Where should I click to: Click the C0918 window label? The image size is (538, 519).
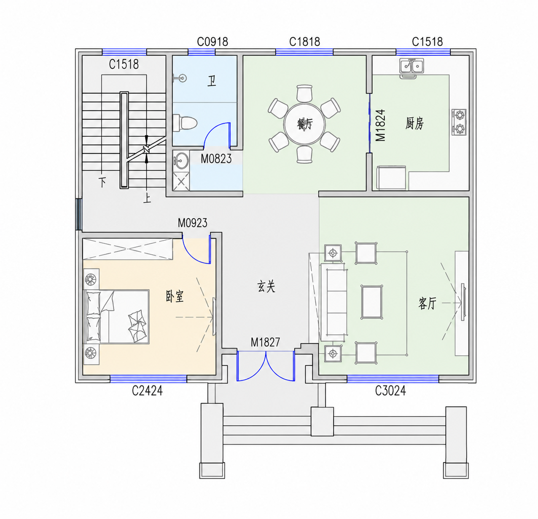[x=213, y=42]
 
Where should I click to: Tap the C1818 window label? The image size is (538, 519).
[x=305, y=42]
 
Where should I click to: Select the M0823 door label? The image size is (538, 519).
[x=216, y=159]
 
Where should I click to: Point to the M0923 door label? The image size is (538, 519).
[x=192, y=223]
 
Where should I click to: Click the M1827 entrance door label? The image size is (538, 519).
[x=265, y=342]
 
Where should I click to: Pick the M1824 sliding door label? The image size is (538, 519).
[x=381, y=125]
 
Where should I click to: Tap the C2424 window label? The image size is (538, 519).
[x=147, y=391]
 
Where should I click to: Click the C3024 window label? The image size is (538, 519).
[x=390, y=391]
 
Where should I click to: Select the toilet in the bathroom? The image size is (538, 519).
[x=185, y=123]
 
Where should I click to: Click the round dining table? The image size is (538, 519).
[x=304, y=124]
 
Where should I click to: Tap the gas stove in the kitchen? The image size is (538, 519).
[x=459, y=122]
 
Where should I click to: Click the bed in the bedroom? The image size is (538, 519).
[x=116, y=317]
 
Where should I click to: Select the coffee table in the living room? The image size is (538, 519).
[x=372, y=302]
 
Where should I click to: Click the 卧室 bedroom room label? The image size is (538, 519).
[x=175, y=296]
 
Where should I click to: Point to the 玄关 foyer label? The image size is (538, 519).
[x=266, y=287]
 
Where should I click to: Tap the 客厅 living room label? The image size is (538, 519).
[x=428, y=303]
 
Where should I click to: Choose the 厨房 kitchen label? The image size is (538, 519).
[x=414, y=123]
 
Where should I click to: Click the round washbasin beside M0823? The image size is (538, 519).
[x=181, y=160]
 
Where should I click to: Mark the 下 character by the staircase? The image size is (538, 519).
[x=102, y=183]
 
